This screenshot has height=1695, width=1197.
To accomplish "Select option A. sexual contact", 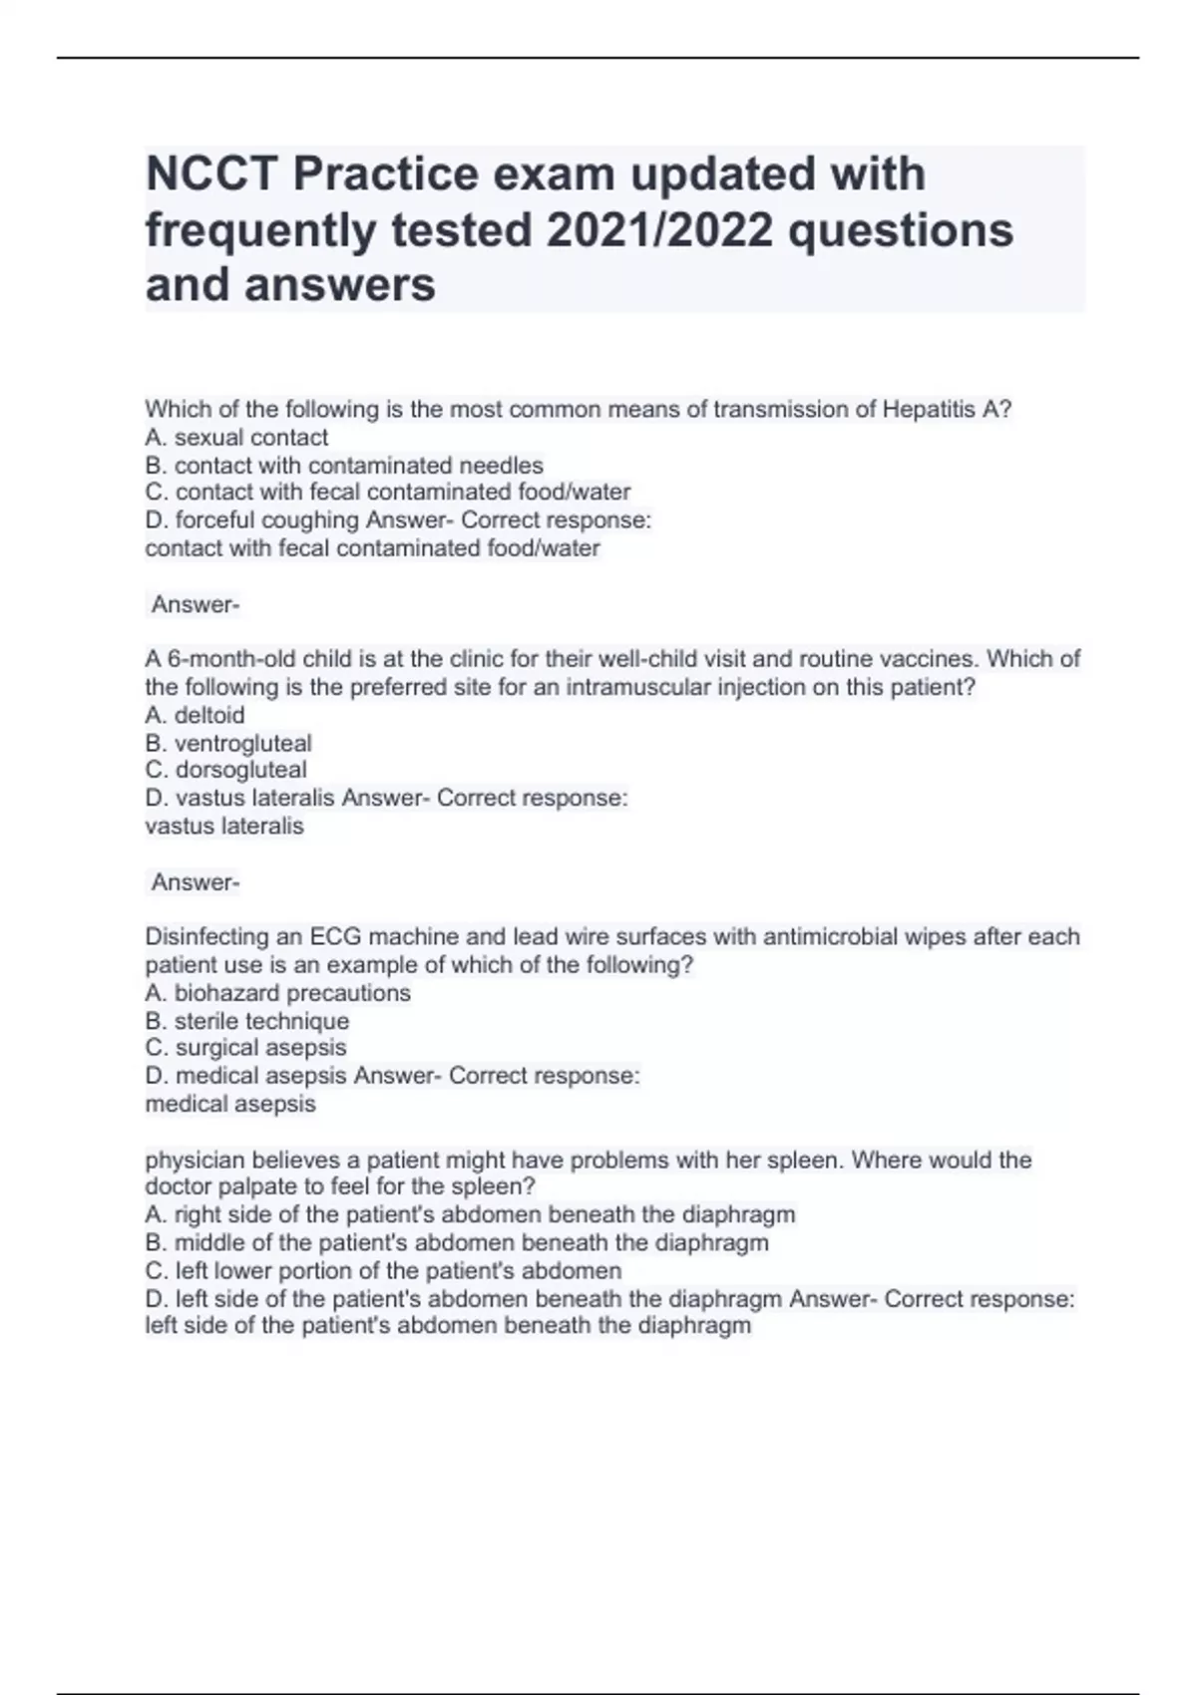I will pyautogui.click(x=236, y=438).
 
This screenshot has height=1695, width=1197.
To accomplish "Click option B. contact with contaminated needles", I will pyautogui.click(x=344, y=466).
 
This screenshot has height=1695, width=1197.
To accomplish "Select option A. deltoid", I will pyautogui.click(x=195, y=715).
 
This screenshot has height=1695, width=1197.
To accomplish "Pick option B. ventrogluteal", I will pyautogui.click(x=228, y=743).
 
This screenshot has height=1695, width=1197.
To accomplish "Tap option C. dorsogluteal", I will pyautogui.click(x=225, y=770).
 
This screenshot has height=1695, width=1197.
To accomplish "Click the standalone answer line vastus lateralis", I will pyautogui.click(x=224, y=827).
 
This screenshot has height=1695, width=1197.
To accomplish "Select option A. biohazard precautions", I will pyautogui.click(x=277, y=993).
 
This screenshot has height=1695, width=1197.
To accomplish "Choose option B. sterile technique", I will pyautogui.click(x=247, y=1021).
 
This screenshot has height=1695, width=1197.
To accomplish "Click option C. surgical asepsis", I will pyautogui.click(x=245, y=1048).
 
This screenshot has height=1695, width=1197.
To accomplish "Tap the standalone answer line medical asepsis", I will pyautogui.click(x=230, y=1105).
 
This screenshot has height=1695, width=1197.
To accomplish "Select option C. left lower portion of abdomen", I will pyautogui.click(x=383, y=1271).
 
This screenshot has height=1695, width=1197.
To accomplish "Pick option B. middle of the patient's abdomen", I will pyautogui.click(x=457, y=1243).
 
